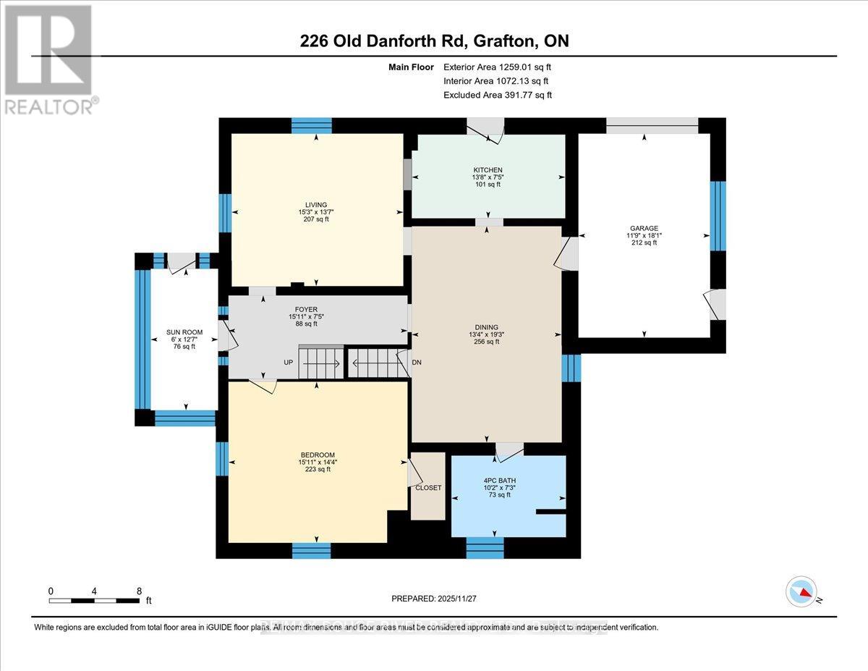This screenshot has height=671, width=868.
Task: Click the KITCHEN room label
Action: pyautogui.click(x=488, y=170)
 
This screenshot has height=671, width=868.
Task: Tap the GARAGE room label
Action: pyautogui.click(x=644, y=228)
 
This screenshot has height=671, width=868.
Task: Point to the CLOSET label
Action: pyautogui.click(x=428, y=488)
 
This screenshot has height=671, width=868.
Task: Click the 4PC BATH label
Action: pyautogui.click(x=498, y=480)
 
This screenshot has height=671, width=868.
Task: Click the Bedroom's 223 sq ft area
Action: pyautogui.click(x=316, y=470)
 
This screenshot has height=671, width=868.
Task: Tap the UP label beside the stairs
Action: pyautogui.click(x=288, y=362)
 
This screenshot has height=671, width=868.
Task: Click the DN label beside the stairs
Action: pyautogui.click(x=417, y=362)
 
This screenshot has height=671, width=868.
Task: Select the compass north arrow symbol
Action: pyautogui.click(x=801, y=591)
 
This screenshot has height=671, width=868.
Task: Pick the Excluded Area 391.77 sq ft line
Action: pyautogui.click(x=498, y=95)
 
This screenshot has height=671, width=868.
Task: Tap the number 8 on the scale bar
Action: pyautogui.click(x=139, y=591)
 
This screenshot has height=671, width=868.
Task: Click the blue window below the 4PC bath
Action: pyautogui.click(x=484, y=548)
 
